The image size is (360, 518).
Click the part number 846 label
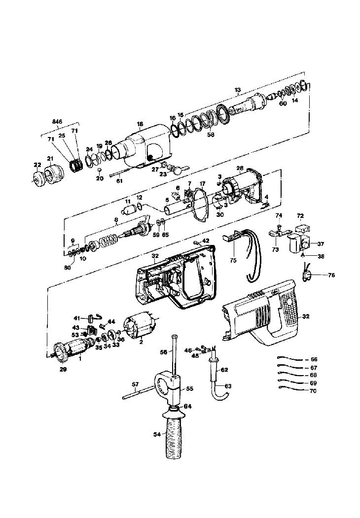tap(57, 122)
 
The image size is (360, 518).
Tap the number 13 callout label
tap(238, 90)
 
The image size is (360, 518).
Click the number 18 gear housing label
tap(140, 124)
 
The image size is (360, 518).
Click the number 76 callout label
tap(331, 275)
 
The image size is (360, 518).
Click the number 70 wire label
tap(313, 391)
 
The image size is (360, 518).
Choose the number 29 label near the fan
tap(63, 369)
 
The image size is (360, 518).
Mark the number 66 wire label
tap(314, 359)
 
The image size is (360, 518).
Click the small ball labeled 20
tap(99, 170)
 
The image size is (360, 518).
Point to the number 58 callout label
tap(211, 135)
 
